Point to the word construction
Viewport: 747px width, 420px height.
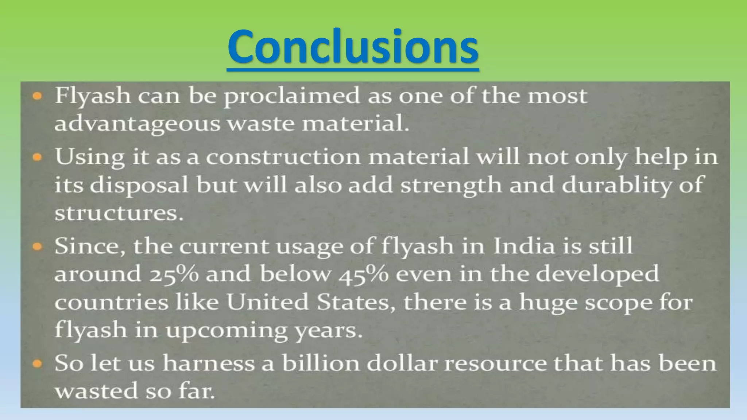coord(283,157)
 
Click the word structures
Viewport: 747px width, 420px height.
coord(119,213)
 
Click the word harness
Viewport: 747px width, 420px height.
coord(209,363)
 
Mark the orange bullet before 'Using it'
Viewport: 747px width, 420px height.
coord(37,157)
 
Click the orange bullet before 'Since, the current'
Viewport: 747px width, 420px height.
coord(37,247)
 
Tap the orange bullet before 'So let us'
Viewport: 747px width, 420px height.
coord(37,363)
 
